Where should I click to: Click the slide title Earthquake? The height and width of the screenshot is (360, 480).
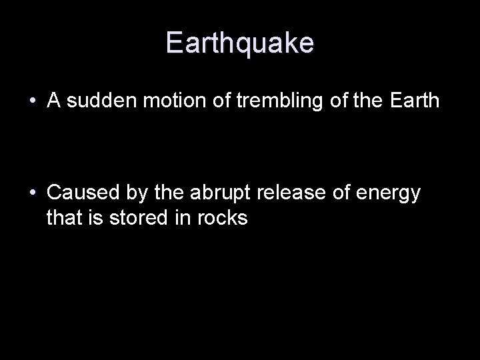click(240, 43)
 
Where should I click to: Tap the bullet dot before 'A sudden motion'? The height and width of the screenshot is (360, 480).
click(33, 101)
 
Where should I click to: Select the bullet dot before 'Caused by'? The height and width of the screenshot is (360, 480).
click(33, 193)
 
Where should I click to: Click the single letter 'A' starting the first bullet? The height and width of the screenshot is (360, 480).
click(54, 101)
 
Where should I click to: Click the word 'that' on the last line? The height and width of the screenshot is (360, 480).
click(63, 217)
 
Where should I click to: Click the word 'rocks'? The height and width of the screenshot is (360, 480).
click(222, 217)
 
